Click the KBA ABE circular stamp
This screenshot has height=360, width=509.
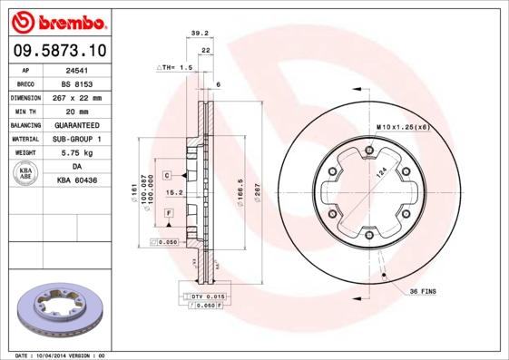click(25, 174)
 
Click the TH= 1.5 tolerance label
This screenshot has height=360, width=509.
click(177, 68)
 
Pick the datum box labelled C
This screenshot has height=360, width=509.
click(168, 174)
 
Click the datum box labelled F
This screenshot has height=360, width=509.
click(168, 212)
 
